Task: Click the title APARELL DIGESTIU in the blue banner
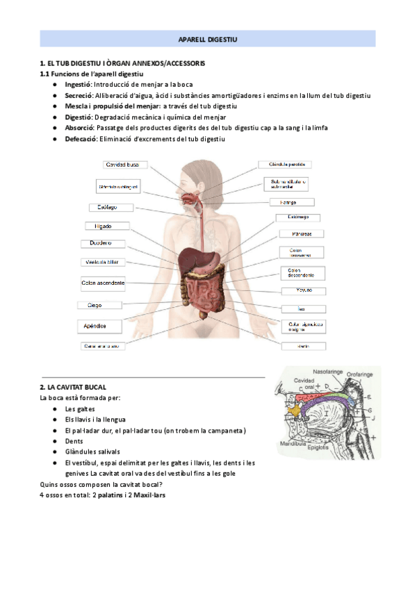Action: [x=208, y=40]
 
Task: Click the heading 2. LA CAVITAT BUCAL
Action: [x=73, y=386]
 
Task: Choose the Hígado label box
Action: [x=99, y=226]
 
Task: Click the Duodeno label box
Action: [x=97, y=243]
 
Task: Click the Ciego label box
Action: [x=95, y=305]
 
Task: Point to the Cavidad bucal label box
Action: [x=124, y=165]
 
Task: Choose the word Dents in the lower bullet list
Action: [x=75, y=441]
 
